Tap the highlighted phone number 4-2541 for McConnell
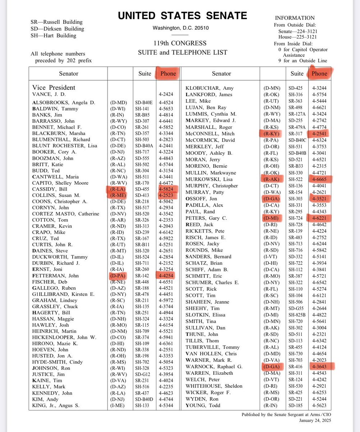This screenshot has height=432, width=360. tap(319, 134)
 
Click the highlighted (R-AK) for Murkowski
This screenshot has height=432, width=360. tap(272, 179)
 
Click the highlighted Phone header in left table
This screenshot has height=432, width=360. tap(168, 73)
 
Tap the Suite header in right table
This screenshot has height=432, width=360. tap(297, 73)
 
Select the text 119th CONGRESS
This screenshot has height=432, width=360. tap(183, 43)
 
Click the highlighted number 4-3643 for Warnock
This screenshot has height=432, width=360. tap(319, 366)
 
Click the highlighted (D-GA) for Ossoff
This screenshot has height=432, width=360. tap(272, 198)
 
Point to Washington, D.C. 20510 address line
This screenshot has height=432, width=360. tap(183, 28)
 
